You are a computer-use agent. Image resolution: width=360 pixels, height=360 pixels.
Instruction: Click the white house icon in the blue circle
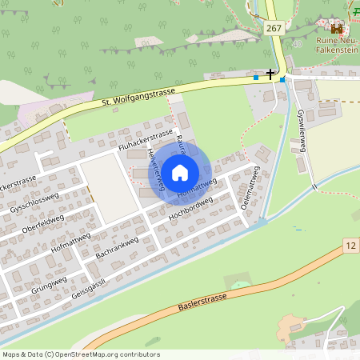pyautogui.click(x=180, y=171)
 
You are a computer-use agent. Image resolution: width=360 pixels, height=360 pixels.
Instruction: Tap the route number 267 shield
pyautogui.click(x=274, y=28)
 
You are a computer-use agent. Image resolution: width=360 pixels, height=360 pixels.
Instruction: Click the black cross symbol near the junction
pyautogui.click(x=270, y=74)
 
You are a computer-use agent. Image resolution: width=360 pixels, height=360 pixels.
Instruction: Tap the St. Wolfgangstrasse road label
pyautogui.click(x=138, y=96)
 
